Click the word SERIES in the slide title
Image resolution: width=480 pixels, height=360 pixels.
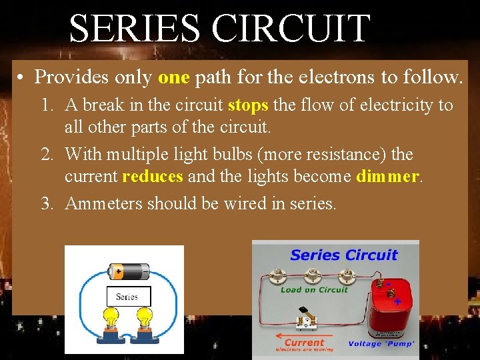[134, 29]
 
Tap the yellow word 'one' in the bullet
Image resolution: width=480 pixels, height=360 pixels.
[174, 77]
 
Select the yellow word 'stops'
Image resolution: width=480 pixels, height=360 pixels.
[248, 105]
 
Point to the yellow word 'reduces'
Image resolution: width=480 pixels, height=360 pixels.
[153, 176]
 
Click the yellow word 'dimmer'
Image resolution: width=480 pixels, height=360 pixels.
[388, 176]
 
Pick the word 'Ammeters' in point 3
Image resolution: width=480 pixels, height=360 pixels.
[103, 203]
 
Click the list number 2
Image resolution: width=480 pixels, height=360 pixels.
[47, 155]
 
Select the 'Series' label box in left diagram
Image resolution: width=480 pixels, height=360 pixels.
[128, 296]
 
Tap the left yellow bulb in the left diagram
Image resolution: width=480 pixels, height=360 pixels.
[110, 319]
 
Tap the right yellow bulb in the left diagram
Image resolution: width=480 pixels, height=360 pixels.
[145, 319]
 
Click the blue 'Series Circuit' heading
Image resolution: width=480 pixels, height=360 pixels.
[343, 255]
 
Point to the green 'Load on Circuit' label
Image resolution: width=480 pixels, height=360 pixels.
[314, 290]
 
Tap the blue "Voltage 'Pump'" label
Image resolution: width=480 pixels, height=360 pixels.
[381, 344]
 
